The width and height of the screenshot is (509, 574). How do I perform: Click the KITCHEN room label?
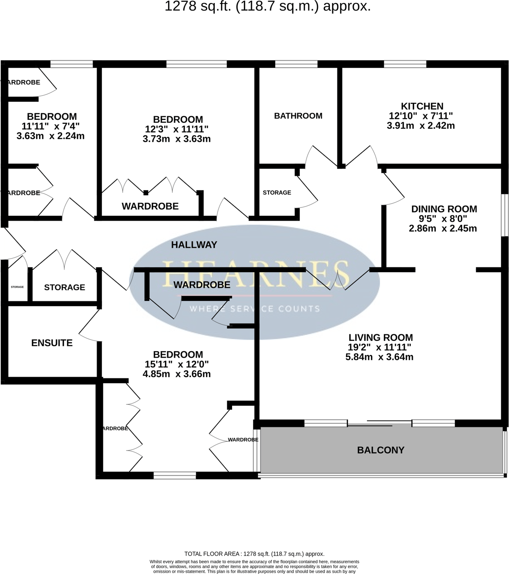tap(422, 106)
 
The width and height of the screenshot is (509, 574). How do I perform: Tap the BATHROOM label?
tap(298, 116)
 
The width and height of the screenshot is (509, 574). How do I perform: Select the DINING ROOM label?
tap(444, 209)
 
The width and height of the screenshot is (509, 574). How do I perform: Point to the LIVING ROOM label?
tap(380, 337)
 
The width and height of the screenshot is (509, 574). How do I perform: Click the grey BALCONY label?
tap(381, 450)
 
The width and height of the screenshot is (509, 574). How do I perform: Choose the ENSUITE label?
tap(52, 343)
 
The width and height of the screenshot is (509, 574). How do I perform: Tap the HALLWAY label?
tap(194, 244)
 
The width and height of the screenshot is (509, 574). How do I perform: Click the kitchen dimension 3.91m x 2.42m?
tap(420, 126)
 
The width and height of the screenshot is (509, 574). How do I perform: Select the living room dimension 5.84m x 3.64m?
tap(379, 357)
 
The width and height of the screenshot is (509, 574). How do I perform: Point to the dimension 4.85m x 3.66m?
tap(176, 374)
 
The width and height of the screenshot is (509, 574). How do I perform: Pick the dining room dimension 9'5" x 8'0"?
tap(443, 218)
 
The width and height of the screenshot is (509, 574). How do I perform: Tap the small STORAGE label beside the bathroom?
tap(277, 193)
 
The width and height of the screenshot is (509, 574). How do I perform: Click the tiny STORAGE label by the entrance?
tap(17, 287)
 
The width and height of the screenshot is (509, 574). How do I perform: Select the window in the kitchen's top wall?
tap(405, 64)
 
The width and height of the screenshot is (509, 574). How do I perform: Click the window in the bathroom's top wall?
tap(296, 64)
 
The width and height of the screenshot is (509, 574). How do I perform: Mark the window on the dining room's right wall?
tap(505, 215)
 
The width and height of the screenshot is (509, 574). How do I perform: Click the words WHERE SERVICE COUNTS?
tap(254, 308)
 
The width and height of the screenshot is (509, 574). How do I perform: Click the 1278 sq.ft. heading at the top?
tap(267, 6)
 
